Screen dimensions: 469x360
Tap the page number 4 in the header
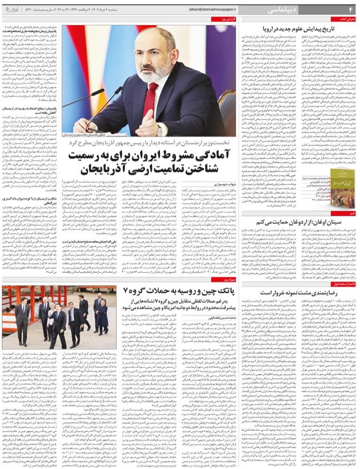pyautogui.click(x=350, y=9)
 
